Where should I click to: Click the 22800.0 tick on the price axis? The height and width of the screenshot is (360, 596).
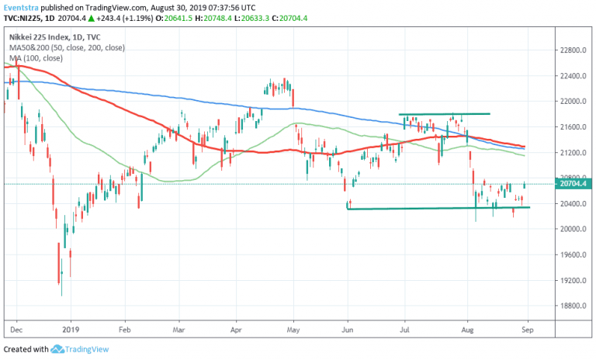574,51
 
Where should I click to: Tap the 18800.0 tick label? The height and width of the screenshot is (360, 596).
574,306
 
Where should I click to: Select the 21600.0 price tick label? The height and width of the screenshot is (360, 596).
574,127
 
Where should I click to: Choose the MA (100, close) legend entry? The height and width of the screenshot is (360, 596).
36,58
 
